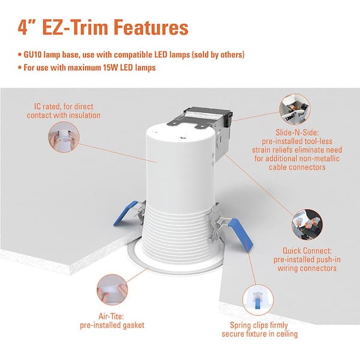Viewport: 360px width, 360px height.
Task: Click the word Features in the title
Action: point(151,28)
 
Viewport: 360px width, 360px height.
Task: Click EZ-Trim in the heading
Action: point(76,28)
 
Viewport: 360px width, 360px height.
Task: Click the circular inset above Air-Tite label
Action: point(112,290)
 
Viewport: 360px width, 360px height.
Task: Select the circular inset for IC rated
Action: point(64,137)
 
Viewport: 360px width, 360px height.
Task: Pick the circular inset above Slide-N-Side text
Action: point(295,109)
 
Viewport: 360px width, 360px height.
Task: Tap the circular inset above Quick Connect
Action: point(307,224)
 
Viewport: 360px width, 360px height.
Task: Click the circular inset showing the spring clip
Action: point(258,300)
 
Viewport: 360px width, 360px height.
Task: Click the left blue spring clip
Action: point(125,213)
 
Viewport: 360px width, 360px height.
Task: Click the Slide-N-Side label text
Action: point(297,132)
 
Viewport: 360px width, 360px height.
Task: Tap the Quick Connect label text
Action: point(307,250)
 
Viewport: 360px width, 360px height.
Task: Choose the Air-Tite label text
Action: point(112,316)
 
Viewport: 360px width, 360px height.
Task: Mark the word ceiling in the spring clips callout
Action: point(287,334)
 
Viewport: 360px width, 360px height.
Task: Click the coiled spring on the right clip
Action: point(220,221)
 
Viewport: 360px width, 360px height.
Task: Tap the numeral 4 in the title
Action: point(23,28)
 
